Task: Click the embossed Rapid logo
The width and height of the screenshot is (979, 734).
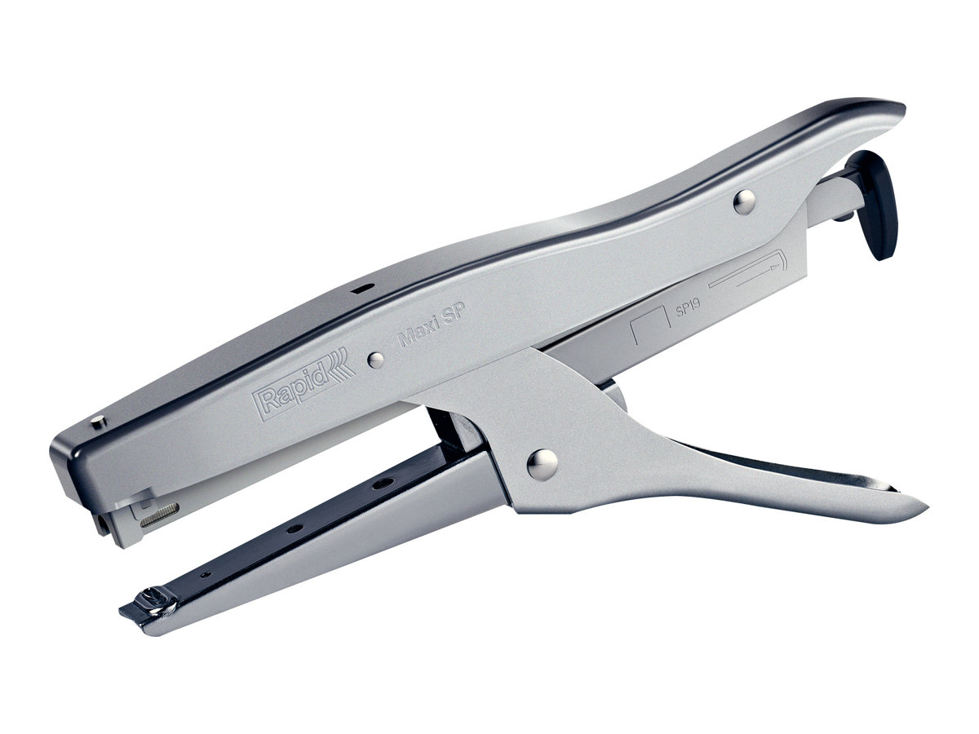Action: pos(303,384)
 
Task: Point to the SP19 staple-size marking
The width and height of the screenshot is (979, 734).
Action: pos(688,307)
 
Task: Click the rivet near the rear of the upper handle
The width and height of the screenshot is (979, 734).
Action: pos(744,201)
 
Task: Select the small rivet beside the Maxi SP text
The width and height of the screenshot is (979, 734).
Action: pos(375,360)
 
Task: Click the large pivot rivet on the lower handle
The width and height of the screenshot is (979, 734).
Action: pos(543,464)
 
